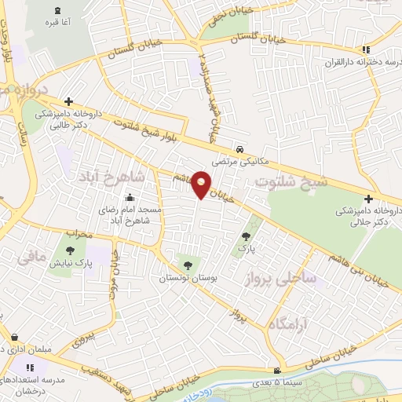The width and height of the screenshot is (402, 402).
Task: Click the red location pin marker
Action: (202, 185)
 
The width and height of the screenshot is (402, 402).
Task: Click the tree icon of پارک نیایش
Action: (71, 250)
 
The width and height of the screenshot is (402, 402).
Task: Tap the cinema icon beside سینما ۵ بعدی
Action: (276, 371)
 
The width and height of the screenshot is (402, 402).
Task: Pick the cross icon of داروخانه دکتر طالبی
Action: (69, 101)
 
